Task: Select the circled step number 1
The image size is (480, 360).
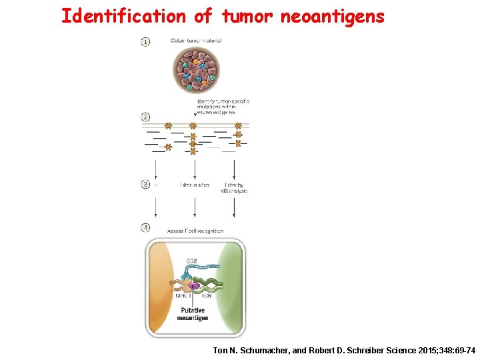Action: (x=145, y=41)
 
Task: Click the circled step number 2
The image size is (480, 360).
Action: (x=145, y=118)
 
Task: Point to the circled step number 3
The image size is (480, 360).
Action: (x=145, y=184)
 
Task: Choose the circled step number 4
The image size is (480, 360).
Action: (x=145, y=228)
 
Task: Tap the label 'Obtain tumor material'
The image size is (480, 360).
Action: (x=196, y=41)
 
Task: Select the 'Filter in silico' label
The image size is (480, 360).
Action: (x=195, y=185)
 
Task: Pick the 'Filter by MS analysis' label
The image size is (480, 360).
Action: (x=234, y=187)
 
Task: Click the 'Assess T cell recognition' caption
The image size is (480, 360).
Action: (x=195, y=231)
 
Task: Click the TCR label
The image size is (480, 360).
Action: (x=207, y=295)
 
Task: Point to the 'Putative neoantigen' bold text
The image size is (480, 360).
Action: (x=193, y=314)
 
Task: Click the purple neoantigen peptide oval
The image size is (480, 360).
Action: (x=193, y=286)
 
